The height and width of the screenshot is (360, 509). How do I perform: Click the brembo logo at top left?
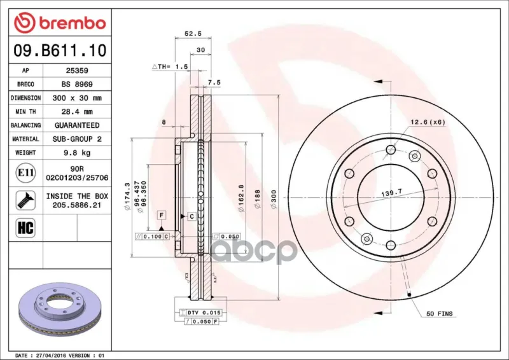point(60,23)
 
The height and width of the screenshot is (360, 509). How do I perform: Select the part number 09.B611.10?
point(60,51)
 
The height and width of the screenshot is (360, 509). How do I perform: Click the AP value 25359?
point(77,71)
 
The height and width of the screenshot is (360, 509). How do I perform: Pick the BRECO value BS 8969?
point(77,84)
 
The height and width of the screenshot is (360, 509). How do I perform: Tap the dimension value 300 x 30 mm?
point(77,98)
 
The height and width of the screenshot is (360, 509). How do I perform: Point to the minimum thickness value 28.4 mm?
point(77,112)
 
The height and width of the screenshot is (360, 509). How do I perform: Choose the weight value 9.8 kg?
point(77,153)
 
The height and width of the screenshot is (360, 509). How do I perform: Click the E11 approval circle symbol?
point(25,173)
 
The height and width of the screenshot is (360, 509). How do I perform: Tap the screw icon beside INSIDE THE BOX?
point(25,200)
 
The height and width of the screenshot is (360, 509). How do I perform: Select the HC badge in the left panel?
point(25,228)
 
